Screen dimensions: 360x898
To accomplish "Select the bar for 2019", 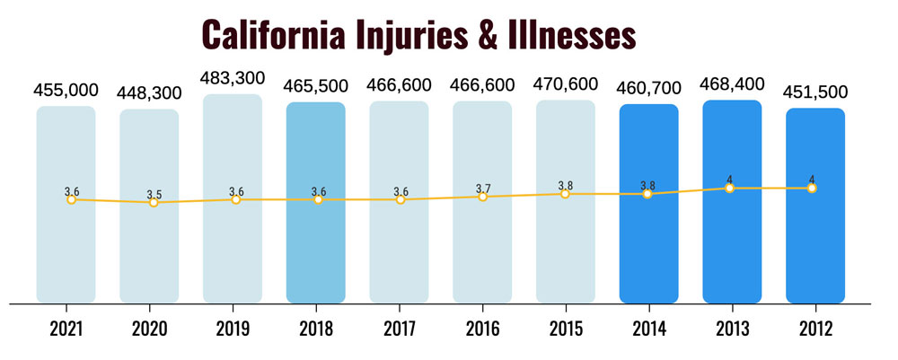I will (233, 251).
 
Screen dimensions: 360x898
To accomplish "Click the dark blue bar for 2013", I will (732, 251).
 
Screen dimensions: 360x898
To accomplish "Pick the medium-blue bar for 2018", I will (316, 251).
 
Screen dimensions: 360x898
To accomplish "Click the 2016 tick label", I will (482, 329).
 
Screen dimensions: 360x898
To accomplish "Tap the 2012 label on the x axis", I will (814, 329).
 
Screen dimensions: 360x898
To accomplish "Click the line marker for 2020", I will (154, 203).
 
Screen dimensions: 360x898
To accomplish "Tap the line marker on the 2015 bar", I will (565, 193).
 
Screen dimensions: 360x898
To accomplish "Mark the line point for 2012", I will (812, 189).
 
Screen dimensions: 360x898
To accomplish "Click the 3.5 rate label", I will (154, 192).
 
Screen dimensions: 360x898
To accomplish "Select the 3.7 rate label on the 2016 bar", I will (483, 187).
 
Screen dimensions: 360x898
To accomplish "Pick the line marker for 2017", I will (401, 199).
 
